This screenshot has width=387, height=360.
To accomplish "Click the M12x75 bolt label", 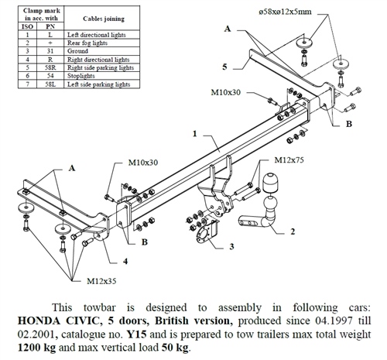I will click(x=287, y=160).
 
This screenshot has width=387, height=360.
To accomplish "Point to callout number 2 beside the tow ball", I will click(x=293, y=231).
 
